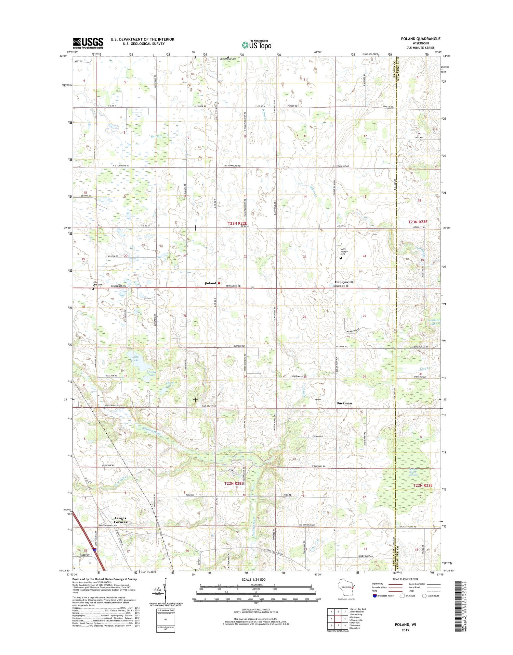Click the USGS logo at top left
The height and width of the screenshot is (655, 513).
88,43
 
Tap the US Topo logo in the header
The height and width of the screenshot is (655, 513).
256,45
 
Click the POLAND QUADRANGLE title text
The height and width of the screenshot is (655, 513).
421,39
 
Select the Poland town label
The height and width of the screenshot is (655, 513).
210,283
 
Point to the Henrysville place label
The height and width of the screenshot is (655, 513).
344,282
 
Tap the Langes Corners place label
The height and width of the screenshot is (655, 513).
120,520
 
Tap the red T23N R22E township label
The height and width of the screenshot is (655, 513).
237,223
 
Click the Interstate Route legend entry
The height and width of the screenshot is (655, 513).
384,596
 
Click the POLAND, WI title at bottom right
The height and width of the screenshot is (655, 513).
405,625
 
